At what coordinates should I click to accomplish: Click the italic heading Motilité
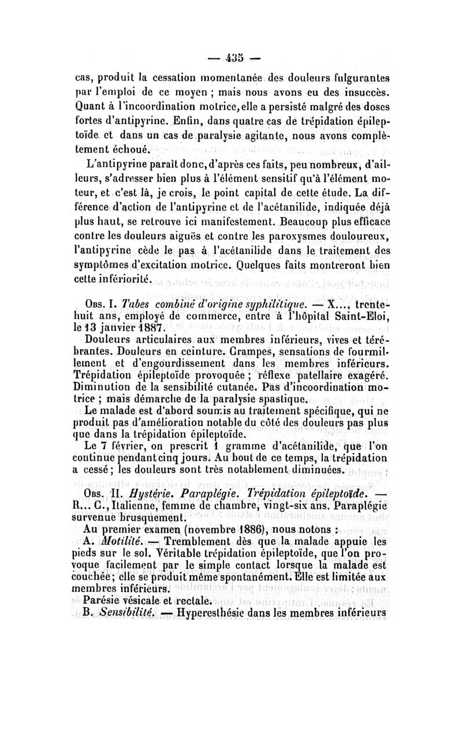[x=119, y=540]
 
